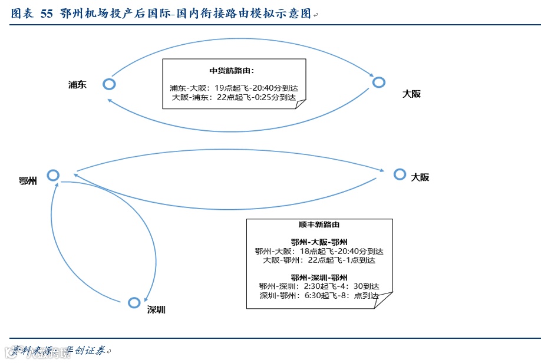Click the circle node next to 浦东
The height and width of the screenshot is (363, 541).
[109, 84]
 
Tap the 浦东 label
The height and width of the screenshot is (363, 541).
[77, 84]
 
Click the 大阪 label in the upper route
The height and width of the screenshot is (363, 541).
[411, 93]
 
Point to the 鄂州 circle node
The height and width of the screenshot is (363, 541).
[54, 175]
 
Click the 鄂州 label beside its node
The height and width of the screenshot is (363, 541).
[28, 180]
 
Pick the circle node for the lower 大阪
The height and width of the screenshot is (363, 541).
[400, 174]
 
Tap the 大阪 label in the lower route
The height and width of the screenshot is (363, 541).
[420, 177]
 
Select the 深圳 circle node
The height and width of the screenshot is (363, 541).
[134, 302]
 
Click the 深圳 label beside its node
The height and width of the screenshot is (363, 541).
[156, 309]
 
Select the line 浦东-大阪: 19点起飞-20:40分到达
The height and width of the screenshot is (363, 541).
[234, 88]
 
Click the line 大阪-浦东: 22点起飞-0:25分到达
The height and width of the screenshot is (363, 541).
[234, 97]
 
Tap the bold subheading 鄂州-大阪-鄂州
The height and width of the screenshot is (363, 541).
[319, 242]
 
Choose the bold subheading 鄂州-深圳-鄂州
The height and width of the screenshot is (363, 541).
[319, 277]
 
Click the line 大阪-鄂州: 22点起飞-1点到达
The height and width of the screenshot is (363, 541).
[319, 259]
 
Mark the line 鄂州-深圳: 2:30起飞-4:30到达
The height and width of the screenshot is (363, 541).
[319, 286]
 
